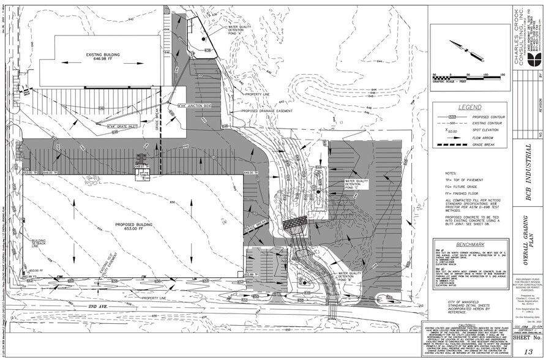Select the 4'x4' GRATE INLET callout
pyautogui.click(x=121, y=127)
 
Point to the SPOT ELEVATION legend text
pyautogui.click(x=484, y=130)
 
